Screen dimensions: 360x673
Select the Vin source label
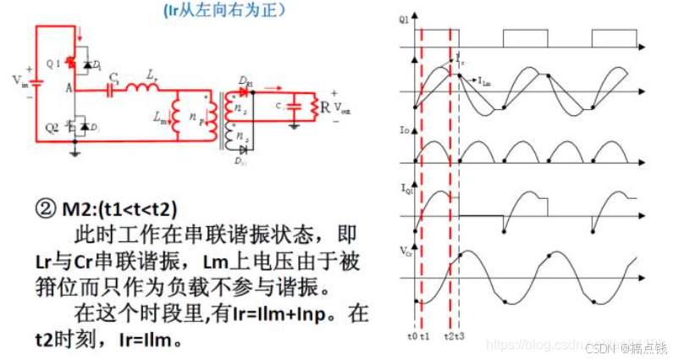[19, 80]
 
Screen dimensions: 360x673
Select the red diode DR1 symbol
[245, 91]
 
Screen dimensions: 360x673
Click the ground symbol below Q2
[76, 152]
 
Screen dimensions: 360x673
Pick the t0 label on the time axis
[411, 337]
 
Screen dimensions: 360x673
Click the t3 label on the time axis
[461, 337]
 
